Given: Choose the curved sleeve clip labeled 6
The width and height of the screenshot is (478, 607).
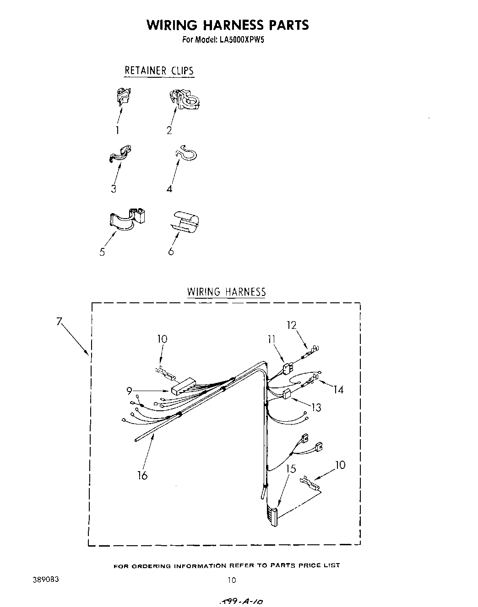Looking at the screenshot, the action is point(186,220).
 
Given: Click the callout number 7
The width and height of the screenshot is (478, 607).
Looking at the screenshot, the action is point(59,322).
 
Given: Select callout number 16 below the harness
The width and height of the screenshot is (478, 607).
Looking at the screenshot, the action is point(142,476).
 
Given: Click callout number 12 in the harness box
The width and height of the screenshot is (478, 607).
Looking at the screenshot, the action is point(292,325).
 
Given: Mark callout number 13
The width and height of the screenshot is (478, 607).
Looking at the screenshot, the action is point(316,407).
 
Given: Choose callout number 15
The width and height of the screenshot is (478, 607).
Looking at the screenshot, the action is point(291,469).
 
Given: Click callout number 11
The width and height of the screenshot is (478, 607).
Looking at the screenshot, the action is point(272,339).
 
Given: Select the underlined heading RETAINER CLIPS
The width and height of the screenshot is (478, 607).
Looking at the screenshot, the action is point(159,71).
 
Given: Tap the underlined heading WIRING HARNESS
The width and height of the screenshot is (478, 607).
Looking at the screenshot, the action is point(226,292).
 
